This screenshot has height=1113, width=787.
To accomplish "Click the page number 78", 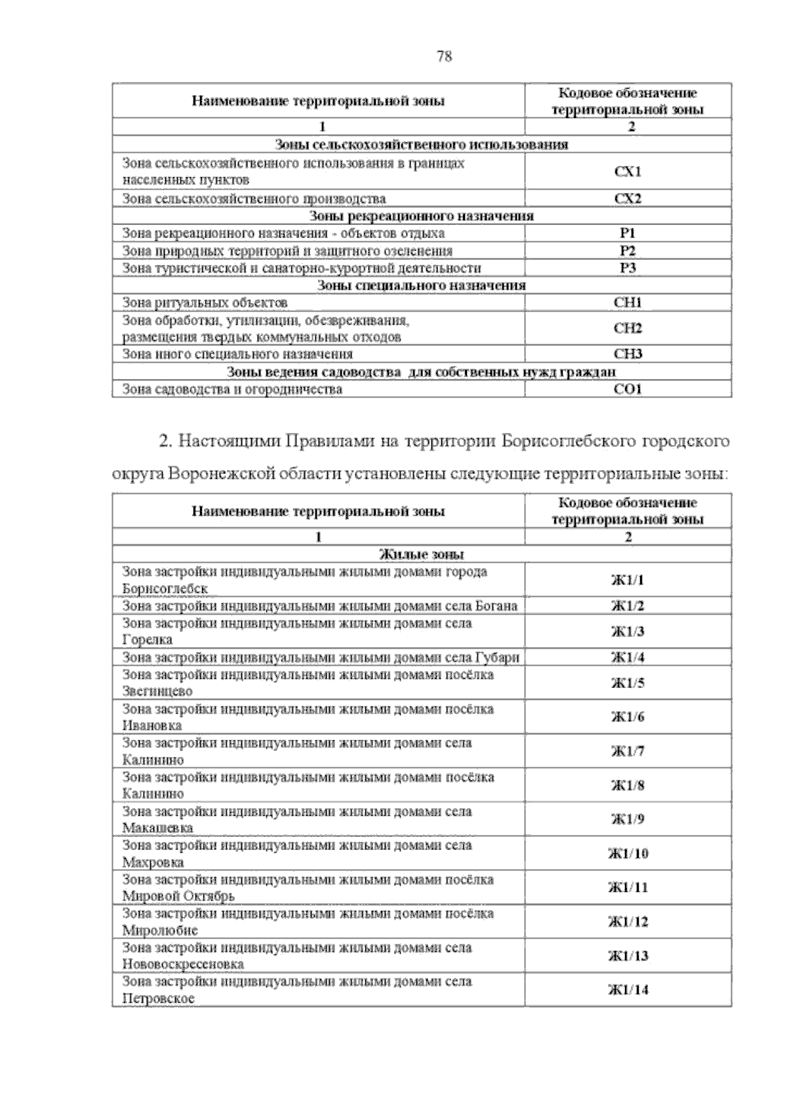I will (x=444, y=56).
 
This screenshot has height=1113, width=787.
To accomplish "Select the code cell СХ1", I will (x=628, y=172).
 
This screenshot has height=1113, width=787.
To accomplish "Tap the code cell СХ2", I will (x=628, y=199).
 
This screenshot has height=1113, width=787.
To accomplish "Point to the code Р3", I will (x=628, y=268).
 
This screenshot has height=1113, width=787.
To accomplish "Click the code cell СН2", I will (x=628, y=329).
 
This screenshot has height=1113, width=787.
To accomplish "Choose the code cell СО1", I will (x=628, y=390).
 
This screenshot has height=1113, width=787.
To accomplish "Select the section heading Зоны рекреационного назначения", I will (x=421, y=216).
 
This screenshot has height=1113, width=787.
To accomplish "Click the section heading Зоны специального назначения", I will (x=421, y=285).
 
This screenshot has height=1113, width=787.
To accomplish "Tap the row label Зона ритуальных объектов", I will (x=205, y=303).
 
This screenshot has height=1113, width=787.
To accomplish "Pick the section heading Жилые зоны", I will (x=422, y=555).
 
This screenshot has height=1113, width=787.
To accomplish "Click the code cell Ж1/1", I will (x=628, y=580).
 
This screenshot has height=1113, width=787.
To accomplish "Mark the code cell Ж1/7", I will (x=628, y=752).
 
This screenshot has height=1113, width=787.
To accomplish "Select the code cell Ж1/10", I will (x=628, y=854).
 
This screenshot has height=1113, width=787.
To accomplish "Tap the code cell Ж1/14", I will (x=628, y=990).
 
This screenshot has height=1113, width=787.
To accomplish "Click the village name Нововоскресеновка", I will (x=183, y=965).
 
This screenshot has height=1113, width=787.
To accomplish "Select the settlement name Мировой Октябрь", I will (x=178, y=897).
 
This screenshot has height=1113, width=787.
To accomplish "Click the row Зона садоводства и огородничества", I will (x=232, y=390).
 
